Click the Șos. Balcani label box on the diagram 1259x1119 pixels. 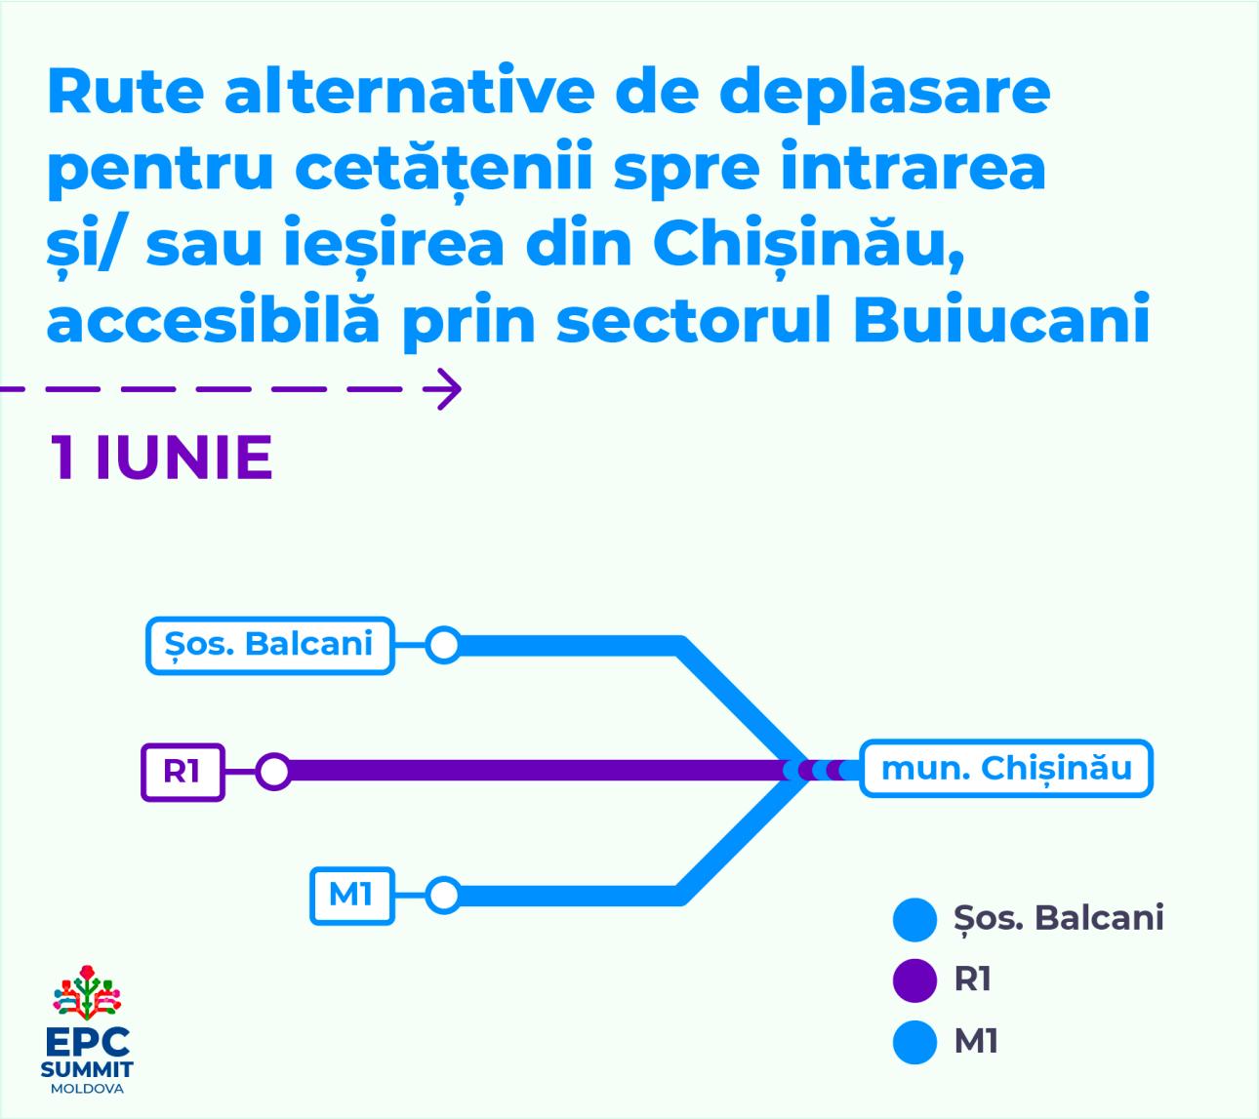pyautogui.click(x=269, y=646)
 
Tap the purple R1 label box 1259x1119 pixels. pyautogui.click(x=183, y=773)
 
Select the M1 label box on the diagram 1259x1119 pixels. pyautogui.click(x=352, y=896)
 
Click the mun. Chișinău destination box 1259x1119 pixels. pyautogui.click(x=1006, y=769)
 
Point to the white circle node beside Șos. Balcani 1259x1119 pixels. pyautogui.click(x=444, y=646)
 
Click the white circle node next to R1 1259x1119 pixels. pyautogui.click(x=274, y=772)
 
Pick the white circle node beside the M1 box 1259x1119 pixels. pyautogui.click(x=444, y=896)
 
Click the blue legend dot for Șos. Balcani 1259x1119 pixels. pyautogui.click(x=914, y=919)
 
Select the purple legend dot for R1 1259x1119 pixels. pyautogui.click(x=914, y=979)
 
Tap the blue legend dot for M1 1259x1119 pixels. pyautogui.click(x=914, y=1042)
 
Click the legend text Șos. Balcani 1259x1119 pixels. pyautogui.click(x=1058, y=919)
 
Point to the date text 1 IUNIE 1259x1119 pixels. pyautogui.click(x=161, y=458)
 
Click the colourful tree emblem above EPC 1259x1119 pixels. pyautogui.click(x=87, y=992)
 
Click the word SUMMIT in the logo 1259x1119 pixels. pyautogui.click(x=87, y=1069)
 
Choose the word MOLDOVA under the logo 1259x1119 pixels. pyautogui.click(x=87, y=1089)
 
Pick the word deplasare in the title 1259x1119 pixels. pyautogui.click(x=884, y=95)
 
